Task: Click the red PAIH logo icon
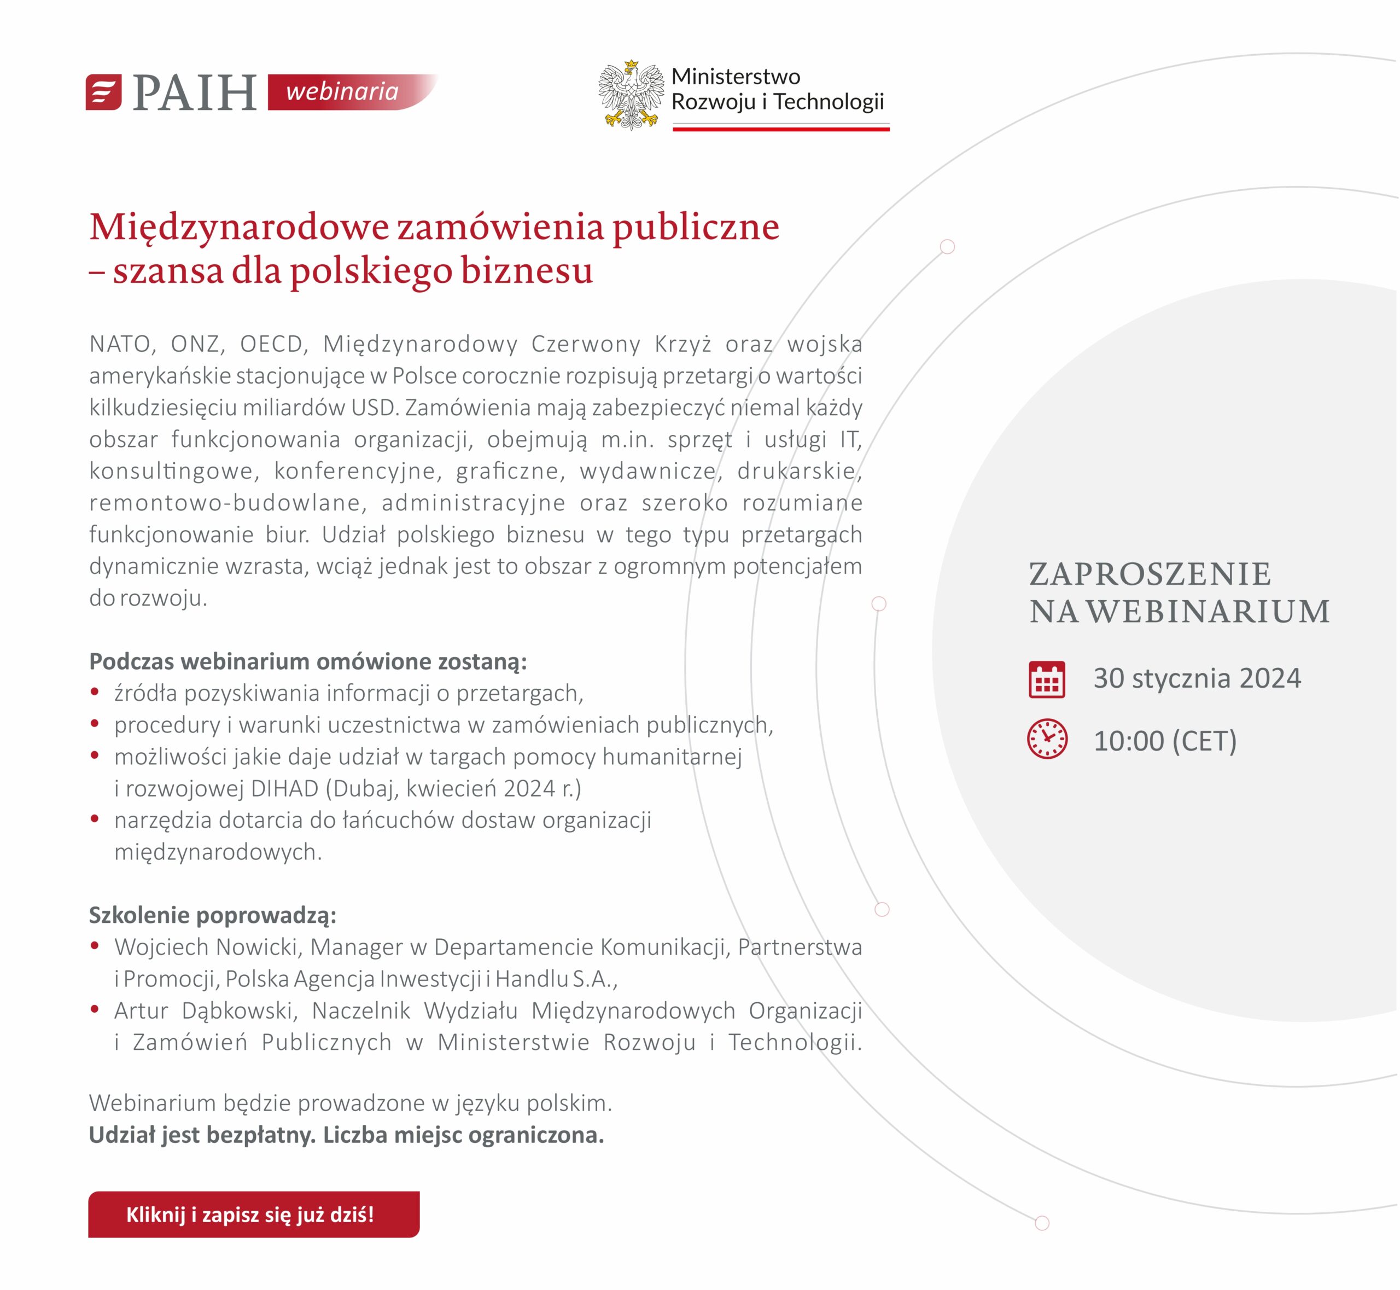coord(103,92)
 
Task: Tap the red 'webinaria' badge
coord(342,91)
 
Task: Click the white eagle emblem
coord(631,95)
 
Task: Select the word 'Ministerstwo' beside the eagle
coord(736,76)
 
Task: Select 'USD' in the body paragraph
coord(371,408)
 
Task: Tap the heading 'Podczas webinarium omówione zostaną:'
coord(308,661)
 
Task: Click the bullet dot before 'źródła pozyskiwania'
coord(95,692)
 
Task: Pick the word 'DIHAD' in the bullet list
coord(284,788)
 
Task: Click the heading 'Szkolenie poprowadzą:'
coord(212,915)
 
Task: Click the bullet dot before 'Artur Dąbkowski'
coord(95,1009)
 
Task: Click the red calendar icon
coord(1046,679)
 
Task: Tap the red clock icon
coord(1047,739)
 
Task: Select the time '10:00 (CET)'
coord(1164,741)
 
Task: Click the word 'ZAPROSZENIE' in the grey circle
coord(1150,574)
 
